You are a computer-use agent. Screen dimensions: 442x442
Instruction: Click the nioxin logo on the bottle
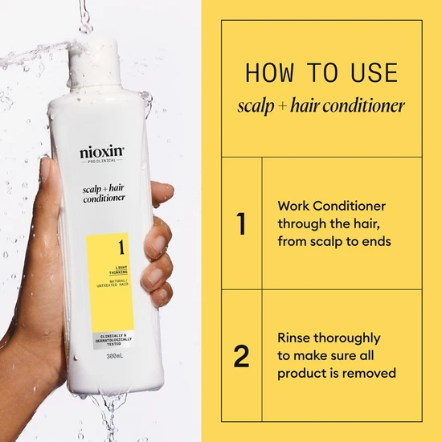(x=101, y=152)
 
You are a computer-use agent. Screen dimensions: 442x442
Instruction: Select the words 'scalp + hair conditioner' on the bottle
(x=102, y=193)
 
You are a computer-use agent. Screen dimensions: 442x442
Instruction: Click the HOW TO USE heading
(x=321, y=73)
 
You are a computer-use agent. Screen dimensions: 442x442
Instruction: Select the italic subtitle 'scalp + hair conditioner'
(x=321, y=106)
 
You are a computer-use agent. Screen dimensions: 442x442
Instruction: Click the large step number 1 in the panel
(x=241, y=223)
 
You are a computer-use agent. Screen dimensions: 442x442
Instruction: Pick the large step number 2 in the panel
(x=241, y=356)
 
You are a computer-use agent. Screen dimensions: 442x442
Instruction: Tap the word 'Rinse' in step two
(x=295, y=338)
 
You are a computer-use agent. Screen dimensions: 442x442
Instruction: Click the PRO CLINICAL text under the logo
(x=101, y=163)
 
